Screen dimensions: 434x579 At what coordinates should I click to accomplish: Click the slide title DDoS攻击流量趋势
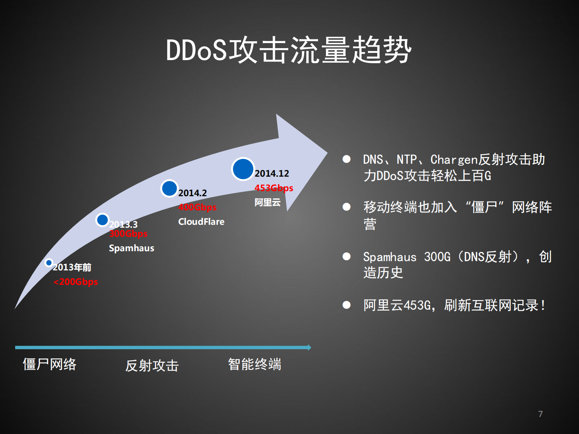point(289,50)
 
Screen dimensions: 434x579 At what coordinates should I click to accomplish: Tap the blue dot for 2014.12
point(243,169)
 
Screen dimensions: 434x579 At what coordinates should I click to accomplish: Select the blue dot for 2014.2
point(169,188)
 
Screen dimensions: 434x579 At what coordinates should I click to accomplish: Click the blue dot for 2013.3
point(102,220)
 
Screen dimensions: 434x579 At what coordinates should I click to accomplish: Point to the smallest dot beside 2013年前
point(49,262)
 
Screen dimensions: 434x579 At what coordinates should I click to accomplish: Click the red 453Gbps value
point(274,188)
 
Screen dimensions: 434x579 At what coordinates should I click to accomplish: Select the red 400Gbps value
point(197,207)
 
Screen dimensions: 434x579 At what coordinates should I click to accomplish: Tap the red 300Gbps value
point(129,234)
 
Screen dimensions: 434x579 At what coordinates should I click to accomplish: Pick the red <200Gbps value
point(76,282)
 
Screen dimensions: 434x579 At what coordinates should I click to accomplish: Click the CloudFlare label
point(201,222)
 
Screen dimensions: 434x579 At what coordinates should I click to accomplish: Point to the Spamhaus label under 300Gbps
point(131,248)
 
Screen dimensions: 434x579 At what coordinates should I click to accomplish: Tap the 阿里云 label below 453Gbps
point(267,202)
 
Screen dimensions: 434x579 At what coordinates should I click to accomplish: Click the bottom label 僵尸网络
point(50,364)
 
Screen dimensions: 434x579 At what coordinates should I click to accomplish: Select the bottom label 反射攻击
point(152,366)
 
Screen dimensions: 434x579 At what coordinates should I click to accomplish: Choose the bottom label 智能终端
point(255,364)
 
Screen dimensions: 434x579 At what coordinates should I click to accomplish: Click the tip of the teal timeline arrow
point(310,347)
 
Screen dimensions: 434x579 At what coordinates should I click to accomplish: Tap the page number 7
point(540,414)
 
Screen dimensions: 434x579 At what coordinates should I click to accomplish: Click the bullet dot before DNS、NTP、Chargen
point(347,159)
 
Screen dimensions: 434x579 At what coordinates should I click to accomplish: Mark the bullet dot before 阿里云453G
point(347,305)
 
